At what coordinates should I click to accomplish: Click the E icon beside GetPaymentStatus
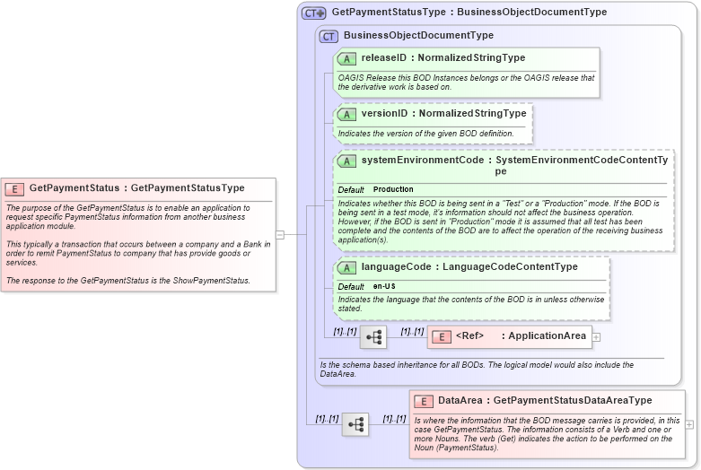[x=14, y=188]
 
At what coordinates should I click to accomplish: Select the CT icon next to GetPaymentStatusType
[x=313, y=13]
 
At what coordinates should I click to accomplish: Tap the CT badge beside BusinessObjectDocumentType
[x=329, y=36]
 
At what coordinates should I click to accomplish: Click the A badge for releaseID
[x=346, y=58]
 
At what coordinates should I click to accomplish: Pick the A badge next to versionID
[x=346, y=114]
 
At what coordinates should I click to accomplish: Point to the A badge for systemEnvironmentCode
[x=346, y=161]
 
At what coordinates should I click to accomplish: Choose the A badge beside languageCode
[x=346, y=267]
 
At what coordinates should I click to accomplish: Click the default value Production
[x=393, y=190]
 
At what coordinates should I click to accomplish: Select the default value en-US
[x=384, y=286]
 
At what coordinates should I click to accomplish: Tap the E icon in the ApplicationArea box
[x=441, y=337]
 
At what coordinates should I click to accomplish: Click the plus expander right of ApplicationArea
[x=596, y=337]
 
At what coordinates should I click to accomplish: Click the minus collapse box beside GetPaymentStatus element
[x=280, y=235]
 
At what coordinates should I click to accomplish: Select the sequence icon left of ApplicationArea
[x=373, y=337]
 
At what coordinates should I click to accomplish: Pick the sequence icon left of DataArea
[x=355, y=424]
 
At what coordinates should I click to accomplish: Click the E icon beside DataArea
[x=423, y=401]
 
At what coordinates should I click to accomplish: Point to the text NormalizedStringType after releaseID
[x=475, y=58]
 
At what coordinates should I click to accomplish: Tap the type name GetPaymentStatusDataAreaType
[x=573, y=401]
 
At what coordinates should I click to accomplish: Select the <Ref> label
[x=469, y=337]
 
